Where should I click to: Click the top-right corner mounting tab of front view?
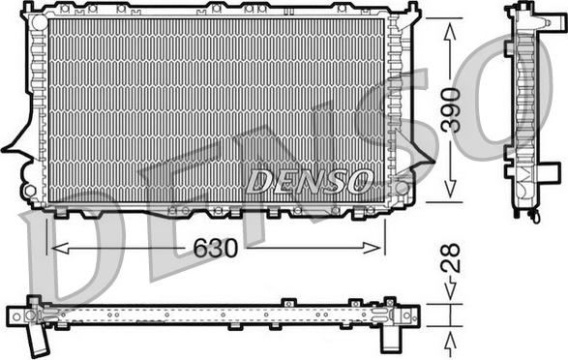click(x=413, y=11)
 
